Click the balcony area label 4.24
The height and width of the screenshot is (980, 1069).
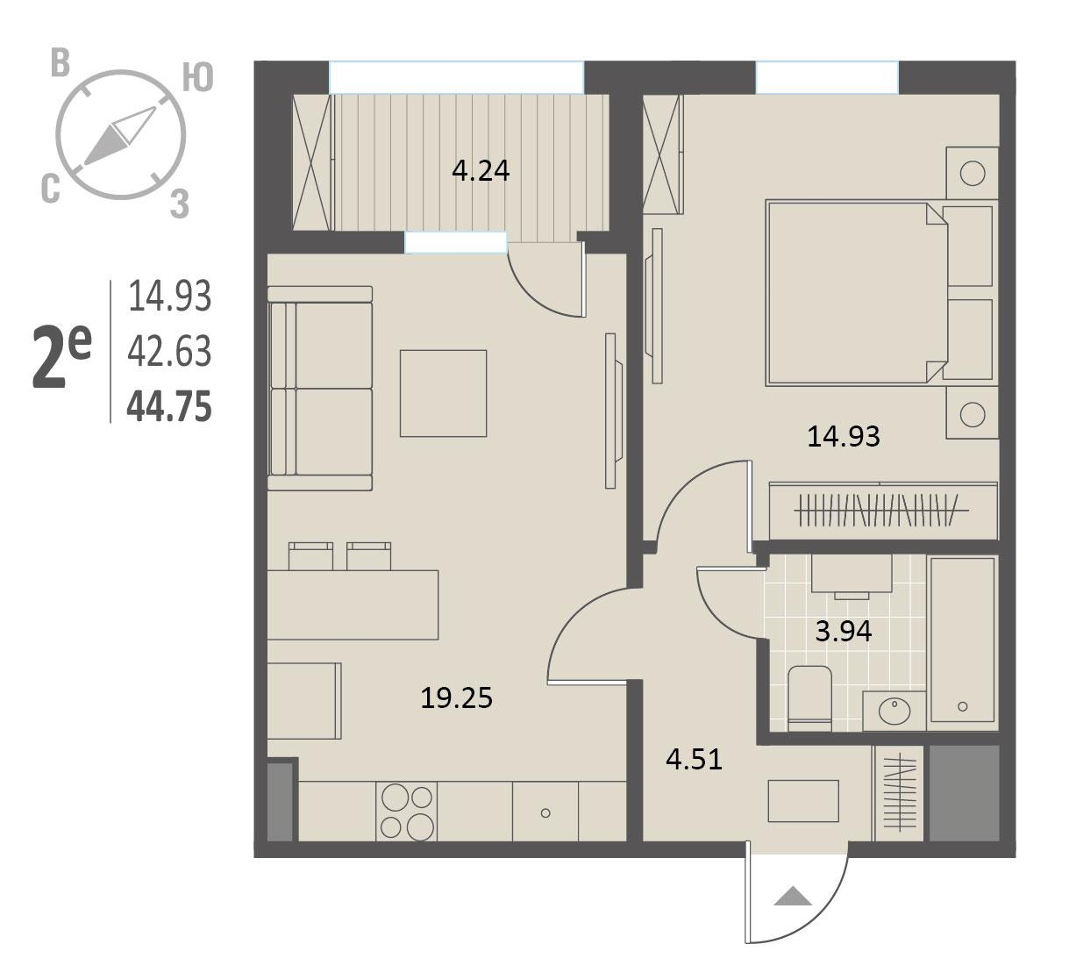(x=481, y=170)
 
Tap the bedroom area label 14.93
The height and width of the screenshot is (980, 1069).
(x=844, y=436)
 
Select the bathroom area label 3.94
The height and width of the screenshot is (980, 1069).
(x=844, y=632)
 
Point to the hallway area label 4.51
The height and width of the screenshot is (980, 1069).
(x=695, y=759)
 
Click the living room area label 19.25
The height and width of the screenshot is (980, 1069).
(x=457, y=698)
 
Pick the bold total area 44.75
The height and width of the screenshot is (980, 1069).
(x=169, y=407)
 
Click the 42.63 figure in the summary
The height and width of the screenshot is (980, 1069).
(x=169, y=351)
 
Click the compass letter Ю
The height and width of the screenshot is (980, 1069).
(x=197, y=78)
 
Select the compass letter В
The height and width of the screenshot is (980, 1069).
(x=61, y=62)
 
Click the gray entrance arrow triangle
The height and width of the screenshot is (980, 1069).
(x=793, y=897)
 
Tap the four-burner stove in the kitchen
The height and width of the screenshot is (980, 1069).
(x=407, y=812)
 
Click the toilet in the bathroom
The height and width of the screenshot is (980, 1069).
(x=809, y=698)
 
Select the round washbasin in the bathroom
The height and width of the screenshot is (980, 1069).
(x=894, y=712)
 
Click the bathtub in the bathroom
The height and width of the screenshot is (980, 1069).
(x=962, y=643)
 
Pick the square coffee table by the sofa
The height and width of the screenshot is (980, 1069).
(x=444, y=394)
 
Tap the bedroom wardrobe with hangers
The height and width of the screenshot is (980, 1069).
(x=883, y=511)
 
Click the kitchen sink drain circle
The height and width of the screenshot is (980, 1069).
(x=545, y=813)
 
